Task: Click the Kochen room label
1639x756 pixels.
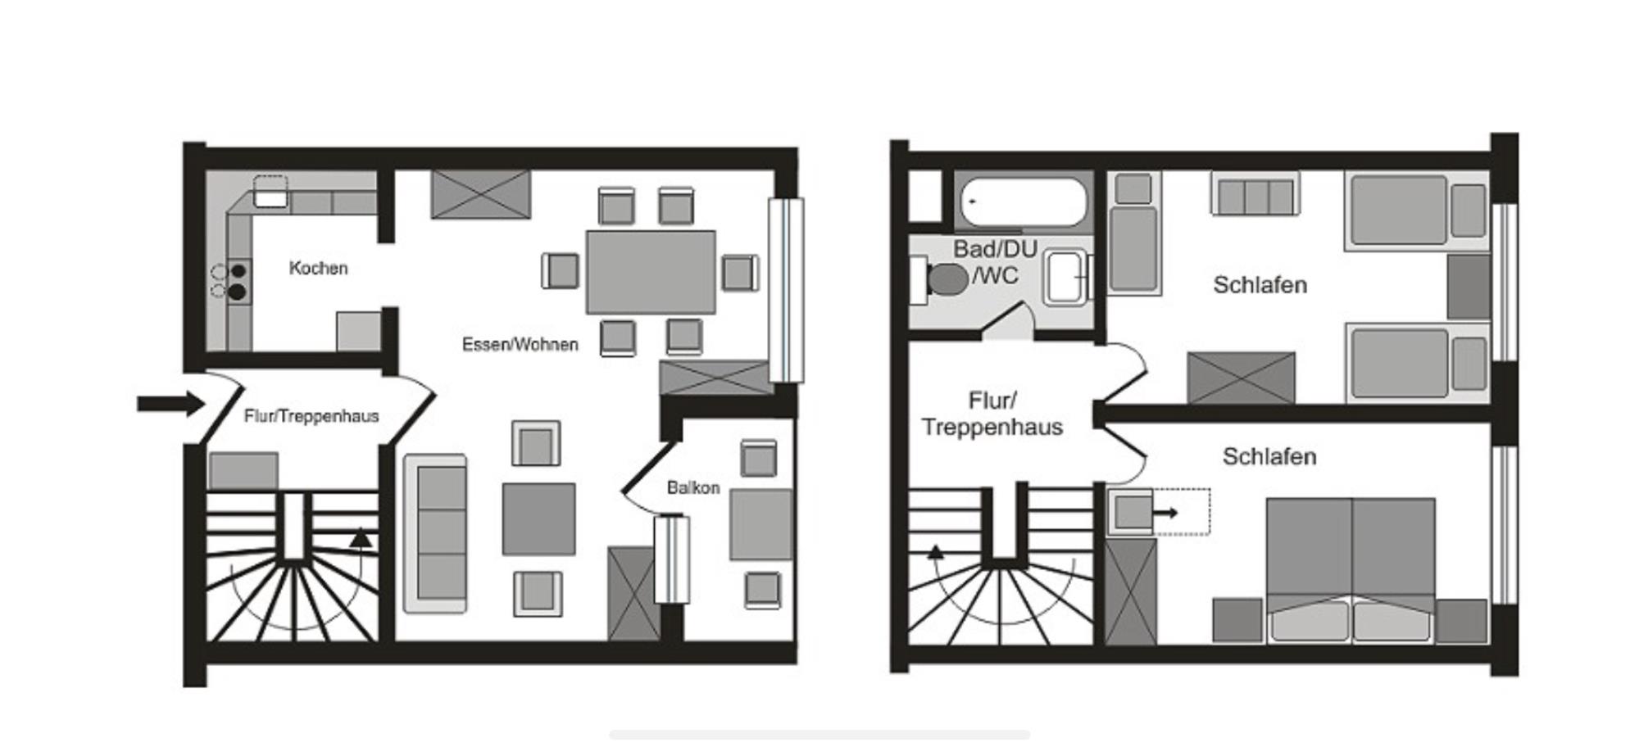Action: coord(318,268)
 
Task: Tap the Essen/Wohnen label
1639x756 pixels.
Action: coord(520,344)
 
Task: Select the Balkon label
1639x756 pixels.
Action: coord(693,487)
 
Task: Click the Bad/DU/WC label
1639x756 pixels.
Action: coord(996,261)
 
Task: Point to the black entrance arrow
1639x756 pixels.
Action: coord(170,403)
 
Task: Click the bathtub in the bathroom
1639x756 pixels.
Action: coord(1024,201)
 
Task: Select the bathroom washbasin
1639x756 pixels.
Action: coord(1065,278)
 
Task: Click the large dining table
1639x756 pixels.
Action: coord(651,271)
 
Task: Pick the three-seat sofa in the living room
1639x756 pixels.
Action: coord(435,533)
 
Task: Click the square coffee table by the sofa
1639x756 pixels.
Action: coord(538,518)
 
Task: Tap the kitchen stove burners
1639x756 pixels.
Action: coord(238,281)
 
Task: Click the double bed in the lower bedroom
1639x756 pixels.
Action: coord(1351,570)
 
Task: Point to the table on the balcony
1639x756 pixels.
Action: coord(761,525)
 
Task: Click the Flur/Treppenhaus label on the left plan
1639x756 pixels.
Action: coord(311,416)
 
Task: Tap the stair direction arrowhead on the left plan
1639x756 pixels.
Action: coord(361,538)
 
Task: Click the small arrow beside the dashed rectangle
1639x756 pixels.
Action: coord(1165,514)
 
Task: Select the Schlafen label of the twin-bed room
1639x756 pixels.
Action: coord(1260,285)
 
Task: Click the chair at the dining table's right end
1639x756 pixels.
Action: coord(739,273)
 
